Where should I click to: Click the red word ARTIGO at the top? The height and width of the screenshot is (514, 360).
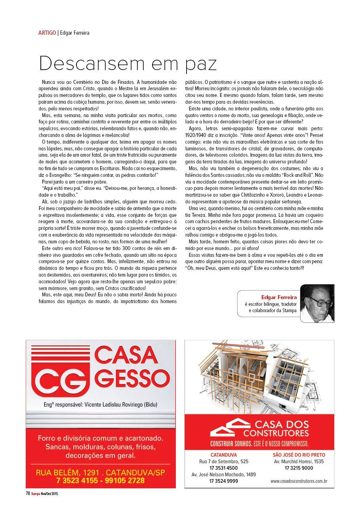coord(47,33)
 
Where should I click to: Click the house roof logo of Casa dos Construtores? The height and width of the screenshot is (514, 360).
coord(229,427)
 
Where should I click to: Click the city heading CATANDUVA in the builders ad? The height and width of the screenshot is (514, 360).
coord(223,455)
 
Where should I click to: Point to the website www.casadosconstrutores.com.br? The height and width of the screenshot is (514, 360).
coord(299,481)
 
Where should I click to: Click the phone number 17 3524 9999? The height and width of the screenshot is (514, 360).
coord(223,481)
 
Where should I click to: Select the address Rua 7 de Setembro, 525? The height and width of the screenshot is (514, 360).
coord(223,461)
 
